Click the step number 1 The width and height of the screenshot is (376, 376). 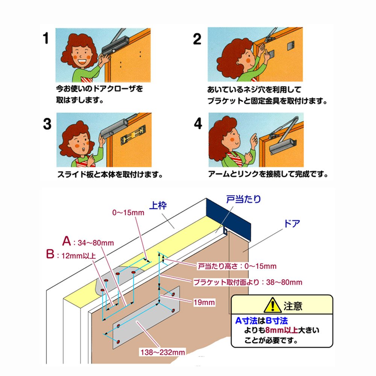click(46, 39)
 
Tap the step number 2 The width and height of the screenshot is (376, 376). click(197, 39)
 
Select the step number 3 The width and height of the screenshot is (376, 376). click(47, 124)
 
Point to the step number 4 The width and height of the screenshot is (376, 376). click(198, 124)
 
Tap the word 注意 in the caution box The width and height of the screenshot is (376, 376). click(293, 306)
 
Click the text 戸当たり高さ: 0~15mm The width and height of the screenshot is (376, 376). click(237, 266)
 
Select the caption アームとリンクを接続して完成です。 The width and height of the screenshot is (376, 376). click(268, 175)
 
